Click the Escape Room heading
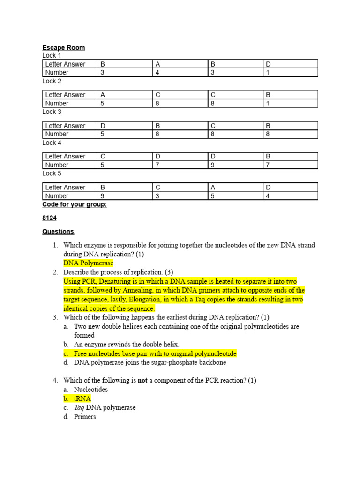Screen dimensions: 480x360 (64, 48)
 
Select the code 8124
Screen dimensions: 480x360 (49, 218)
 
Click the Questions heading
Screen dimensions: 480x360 (58, 231)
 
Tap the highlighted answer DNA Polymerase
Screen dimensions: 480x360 (89, 263)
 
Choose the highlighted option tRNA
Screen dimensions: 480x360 (82, 398)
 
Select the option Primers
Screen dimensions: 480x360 (85, 416)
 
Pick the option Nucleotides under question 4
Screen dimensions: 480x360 (91, 390)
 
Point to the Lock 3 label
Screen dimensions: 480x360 (52, 112)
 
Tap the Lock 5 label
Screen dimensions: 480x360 (52, 173)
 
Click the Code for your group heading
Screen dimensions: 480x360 (75, 204)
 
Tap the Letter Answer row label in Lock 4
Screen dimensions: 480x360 (66, 156)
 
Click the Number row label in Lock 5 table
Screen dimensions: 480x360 (57, 196)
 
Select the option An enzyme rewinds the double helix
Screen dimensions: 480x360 (127, 345)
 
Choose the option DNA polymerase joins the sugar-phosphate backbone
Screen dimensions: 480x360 (150, 362)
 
